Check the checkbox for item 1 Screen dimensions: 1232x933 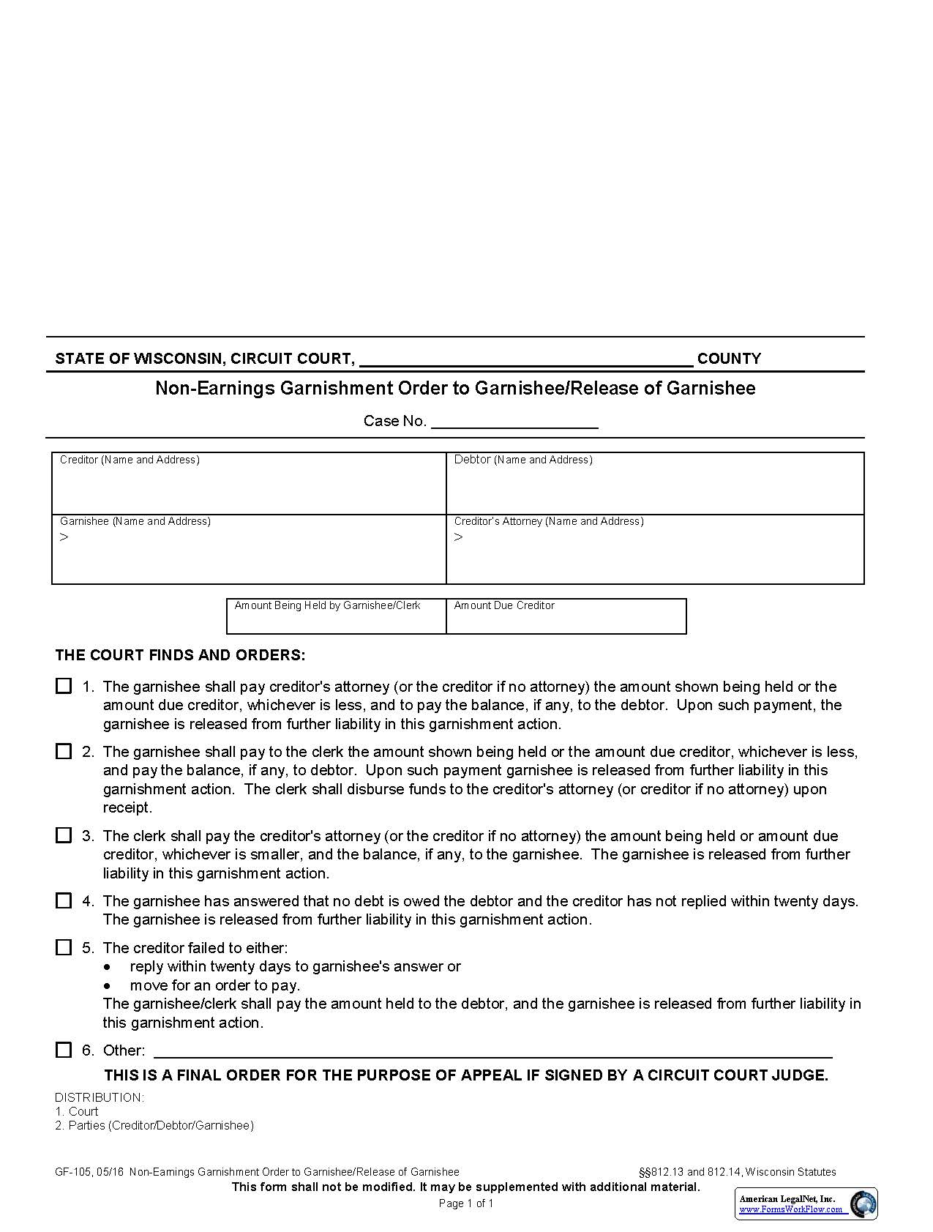(64, 686)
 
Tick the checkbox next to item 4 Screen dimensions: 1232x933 (64, 900)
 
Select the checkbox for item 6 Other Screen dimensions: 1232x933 (64, 1050)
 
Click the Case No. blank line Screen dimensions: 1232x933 (514, 421)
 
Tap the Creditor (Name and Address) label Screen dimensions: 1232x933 (130, 460)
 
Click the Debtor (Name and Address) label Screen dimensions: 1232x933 (522, 460)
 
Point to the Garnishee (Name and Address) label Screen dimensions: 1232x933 (135, 521)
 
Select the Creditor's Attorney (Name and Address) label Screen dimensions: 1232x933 (548, 521)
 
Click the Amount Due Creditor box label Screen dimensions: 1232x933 (503, 605)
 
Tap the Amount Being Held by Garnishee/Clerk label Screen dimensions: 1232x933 (327, 605)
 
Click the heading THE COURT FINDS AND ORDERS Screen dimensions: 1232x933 (180, 654)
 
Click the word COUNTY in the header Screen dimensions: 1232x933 (729, 358)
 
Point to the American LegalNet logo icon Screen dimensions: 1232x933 (863, 1204)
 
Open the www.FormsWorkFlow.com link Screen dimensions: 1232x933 (790, 1209)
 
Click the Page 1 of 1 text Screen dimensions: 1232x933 (466, 1203)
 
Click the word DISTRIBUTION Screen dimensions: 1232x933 (99, 1097)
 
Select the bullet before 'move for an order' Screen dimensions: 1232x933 (108, 985)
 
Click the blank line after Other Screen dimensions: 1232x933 (492, 1051)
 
